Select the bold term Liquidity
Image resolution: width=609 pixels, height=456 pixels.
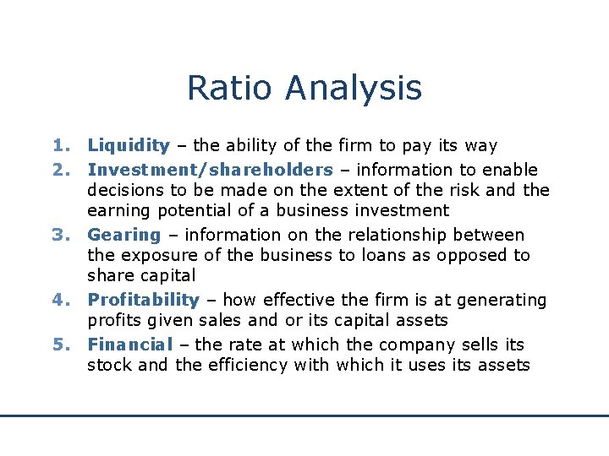pos(129,146)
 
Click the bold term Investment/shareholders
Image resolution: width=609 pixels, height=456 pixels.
pos(210,170)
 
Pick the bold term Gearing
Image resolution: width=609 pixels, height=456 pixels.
pos(123,235)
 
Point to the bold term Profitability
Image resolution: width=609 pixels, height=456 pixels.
pos(143,300)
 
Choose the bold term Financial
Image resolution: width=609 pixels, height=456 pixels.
pos(129,345)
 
